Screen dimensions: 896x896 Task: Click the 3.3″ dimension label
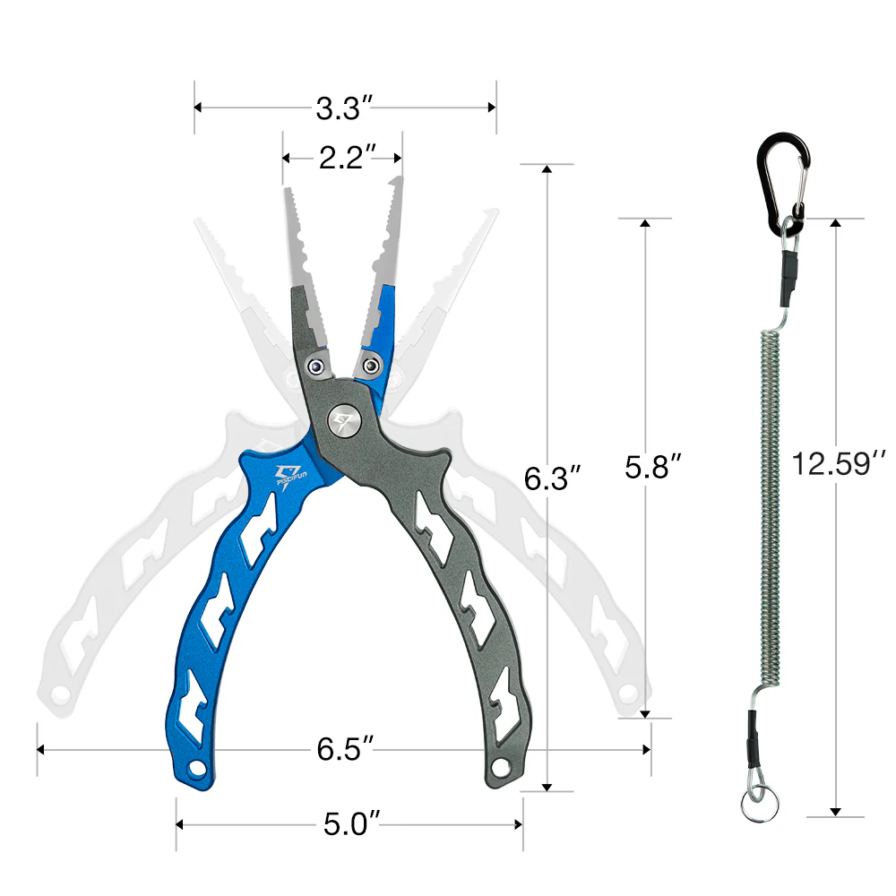345,108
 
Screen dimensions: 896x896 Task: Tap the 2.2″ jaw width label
348,158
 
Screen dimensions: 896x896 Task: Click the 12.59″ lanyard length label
839,463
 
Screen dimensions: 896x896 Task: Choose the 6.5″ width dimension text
346,748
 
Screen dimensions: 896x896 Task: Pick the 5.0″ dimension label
352,824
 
